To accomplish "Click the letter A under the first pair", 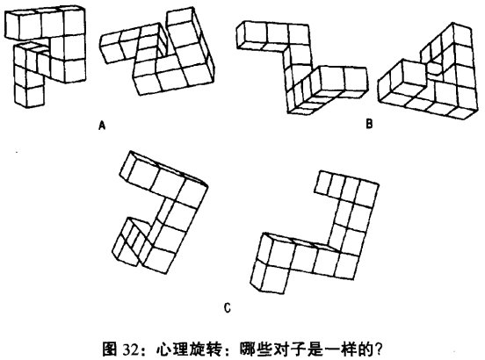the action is coord(102,126).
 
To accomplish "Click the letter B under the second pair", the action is coord(369,124).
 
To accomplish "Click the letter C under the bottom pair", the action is coord(228,308).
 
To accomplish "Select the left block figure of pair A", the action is coord(45,56).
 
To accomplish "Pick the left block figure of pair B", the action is coord(302,68).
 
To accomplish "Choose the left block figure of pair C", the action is coord(160,212).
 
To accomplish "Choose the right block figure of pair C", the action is coord(315,232).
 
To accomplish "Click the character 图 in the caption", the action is coord(111,349).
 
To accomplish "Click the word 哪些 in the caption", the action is coord(256,349).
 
